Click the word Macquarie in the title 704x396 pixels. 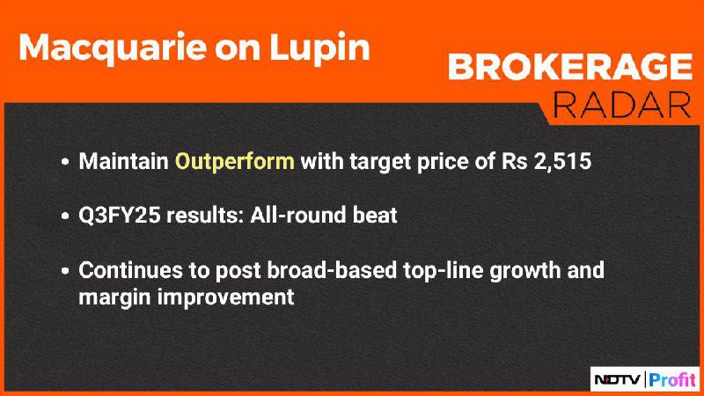tap(114, 48)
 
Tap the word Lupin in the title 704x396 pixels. tap(319, 48)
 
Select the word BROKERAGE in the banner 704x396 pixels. tap(570, 67)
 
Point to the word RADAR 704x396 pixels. tap(622, 106)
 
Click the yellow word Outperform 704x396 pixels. tap(235, 162)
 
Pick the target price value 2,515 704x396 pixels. tap(562, 162)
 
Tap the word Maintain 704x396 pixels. tap(124, 161)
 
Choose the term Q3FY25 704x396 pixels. tap(120, 215)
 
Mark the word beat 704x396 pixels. tap(375, 215)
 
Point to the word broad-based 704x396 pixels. tap(332, 270)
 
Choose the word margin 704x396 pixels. tap(114, 297)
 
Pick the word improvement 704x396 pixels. tap(225, 297)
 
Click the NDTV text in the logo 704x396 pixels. tap(618, 380)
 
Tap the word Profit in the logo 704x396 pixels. tap(672, 380)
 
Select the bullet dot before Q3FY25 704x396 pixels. tap(65, 216)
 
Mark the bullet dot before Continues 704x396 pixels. tap(65, 271)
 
